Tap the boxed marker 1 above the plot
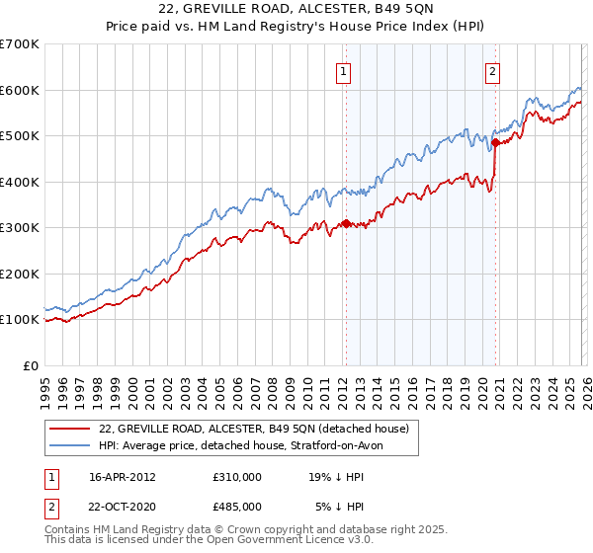pyautogui.click(x=343, y=70)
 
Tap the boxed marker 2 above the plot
pyautogui.click(x=492, y=70)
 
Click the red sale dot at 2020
pyautogui.click(x=495, y=143)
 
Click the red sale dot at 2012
pyautogui.click(x=346, y=223)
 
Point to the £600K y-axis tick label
pyautogui.click(x=20, y=90)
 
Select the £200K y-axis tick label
pyautogui.click(x=20, y=274)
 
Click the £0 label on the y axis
pyautogui.click(x=32, y=365)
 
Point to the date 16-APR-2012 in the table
pyautogui.click(x=123, y=476)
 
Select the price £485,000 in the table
pyautogui.click(x=236, y=507)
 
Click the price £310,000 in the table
pyautogui.click(x=236, y=476)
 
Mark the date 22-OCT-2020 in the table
pyautogui.click(x=123, y=507)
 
